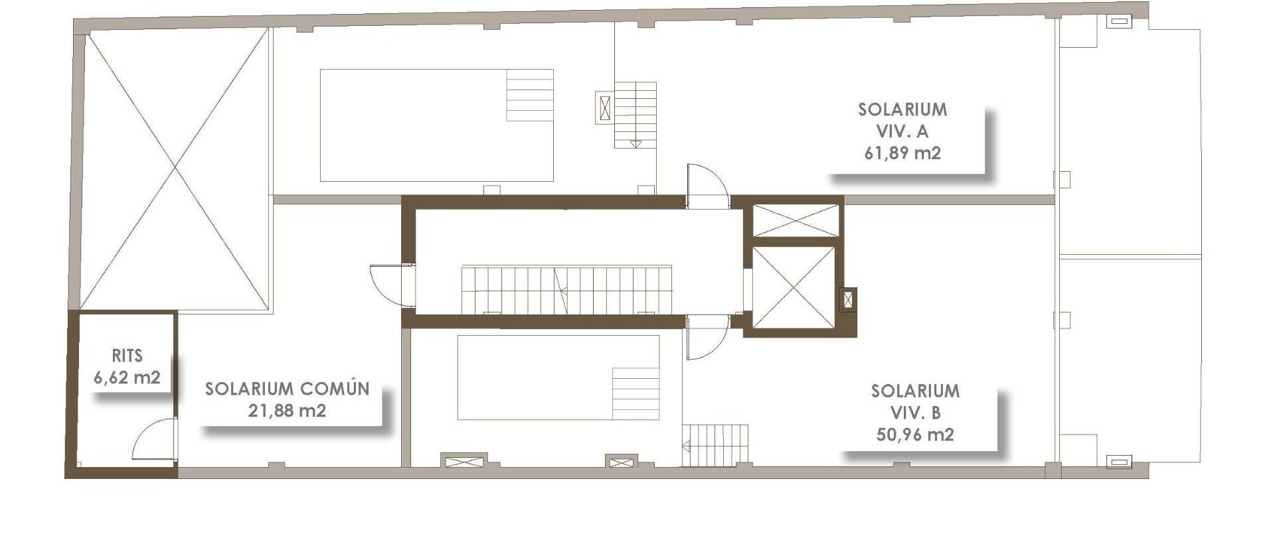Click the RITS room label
pyautogui.click(x=127, y=356)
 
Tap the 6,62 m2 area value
pyautogui.click(x=127, y=377)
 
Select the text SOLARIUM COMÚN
pyautogui.click(x=287, y=389)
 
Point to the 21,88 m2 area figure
pyautogui.click(x=287, y=411)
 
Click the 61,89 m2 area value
pyautogui.click(x=902, y=153)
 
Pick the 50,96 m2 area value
pyautogui.click(x=915, y=435)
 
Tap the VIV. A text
pyautogui.click(x=902, y=131)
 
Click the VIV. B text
pyautogui.click(x=915, y=413)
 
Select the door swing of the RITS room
pyautogui.click(x=155, y=441)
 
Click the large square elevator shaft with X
pyautogui.click(x=794, y=288)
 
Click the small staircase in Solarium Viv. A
pyautogui.click(x=635, y=115)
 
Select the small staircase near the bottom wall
pyautogui.click(x=716, y=445)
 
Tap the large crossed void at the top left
pyautogui.click(x=176, y=170)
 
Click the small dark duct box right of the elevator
pyautogui.click(x=847, y=300)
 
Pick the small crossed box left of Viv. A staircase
pyautogui.click(x=604, y=107)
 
